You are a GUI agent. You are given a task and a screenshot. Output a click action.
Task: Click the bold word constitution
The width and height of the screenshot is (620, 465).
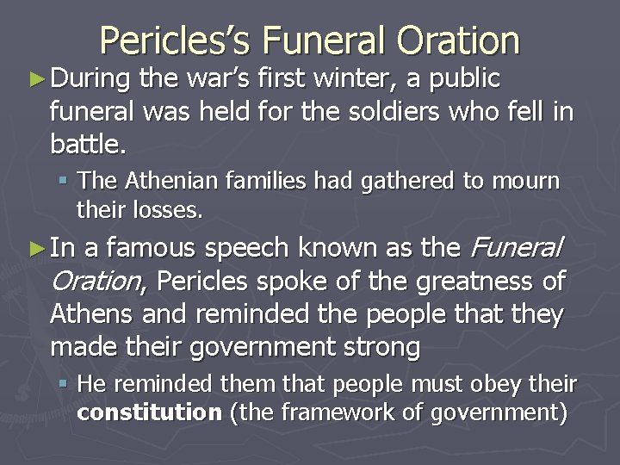[148, 412]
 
